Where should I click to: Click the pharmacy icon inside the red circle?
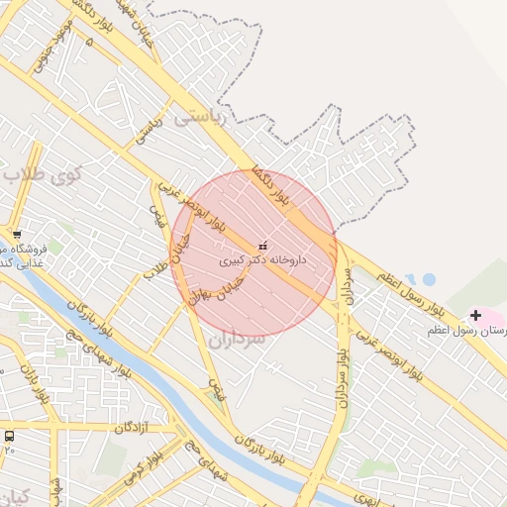click(x=262, y=245)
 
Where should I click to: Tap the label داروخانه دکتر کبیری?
click(x=263, y=259)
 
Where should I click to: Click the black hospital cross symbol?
click(x=476, y=315)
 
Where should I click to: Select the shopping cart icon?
click(x=17, y=234)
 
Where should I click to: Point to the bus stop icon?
click(x=10, y=436)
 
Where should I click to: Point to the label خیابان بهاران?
click(x=211, y=283)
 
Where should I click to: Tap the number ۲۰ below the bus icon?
click(x=10, y=450)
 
